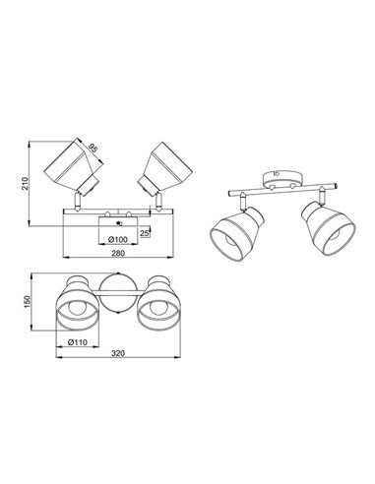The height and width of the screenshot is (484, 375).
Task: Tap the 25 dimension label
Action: click(x=145, y=232)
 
